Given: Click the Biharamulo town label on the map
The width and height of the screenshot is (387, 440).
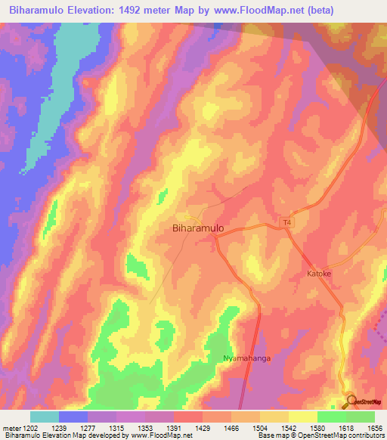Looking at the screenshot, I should [x=198, y=226].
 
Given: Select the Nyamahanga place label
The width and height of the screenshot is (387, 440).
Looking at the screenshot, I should [x=246, y=358].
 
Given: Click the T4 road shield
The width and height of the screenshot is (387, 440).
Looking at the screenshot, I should [x=286, y=222].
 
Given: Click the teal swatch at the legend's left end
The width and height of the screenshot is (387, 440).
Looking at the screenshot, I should [x=45, y=417].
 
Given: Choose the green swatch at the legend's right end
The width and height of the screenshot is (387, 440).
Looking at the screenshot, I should [x=360, y=417].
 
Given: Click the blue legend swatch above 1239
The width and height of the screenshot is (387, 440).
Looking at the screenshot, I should [x=73, y=417].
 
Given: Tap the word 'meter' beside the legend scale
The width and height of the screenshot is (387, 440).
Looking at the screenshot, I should [x=11, y=428].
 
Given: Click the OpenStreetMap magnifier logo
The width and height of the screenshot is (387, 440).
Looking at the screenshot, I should [x=351, y=401].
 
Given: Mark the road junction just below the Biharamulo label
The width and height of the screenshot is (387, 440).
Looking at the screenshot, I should [x=215, y=237].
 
